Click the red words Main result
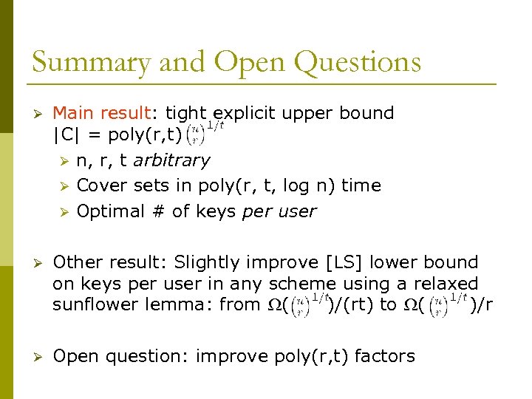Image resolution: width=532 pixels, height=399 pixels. (x=101, y=113)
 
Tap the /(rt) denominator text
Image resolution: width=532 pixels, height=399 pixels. (x=352, y=304)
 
